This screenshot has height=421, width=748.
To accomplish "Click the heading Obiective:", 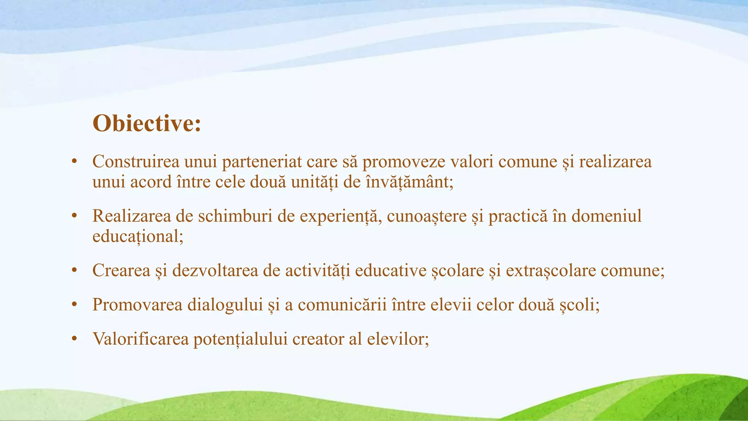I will (147, 124).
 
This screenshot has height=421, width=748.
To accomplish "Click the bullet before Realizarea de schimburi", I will (74, 216).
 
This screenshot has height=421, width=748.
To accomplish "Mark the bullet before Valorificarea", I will (74, 339).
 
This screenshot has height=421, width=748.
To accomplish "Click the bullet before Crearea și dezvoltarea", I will (74, 271).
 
